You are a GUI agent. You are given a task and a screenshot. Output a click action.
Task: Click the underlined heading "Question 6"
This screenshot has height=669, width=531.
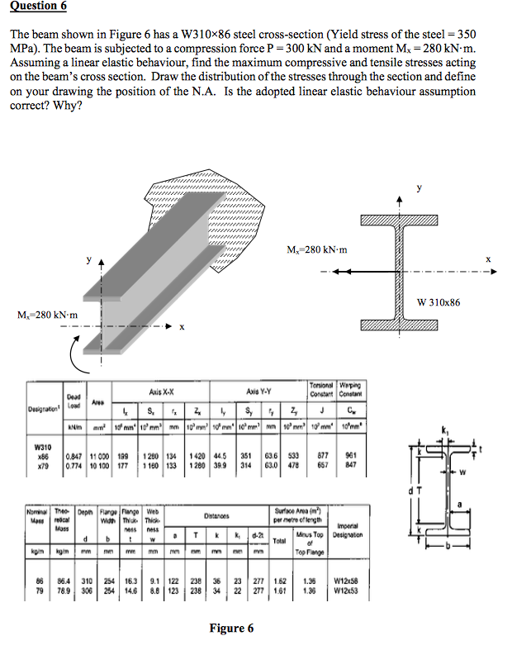(x=38, y=7)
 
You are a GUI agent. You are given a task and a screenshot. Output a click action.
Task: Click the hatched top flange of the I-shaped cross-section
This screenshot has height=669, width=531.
(x=401, y=217)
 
